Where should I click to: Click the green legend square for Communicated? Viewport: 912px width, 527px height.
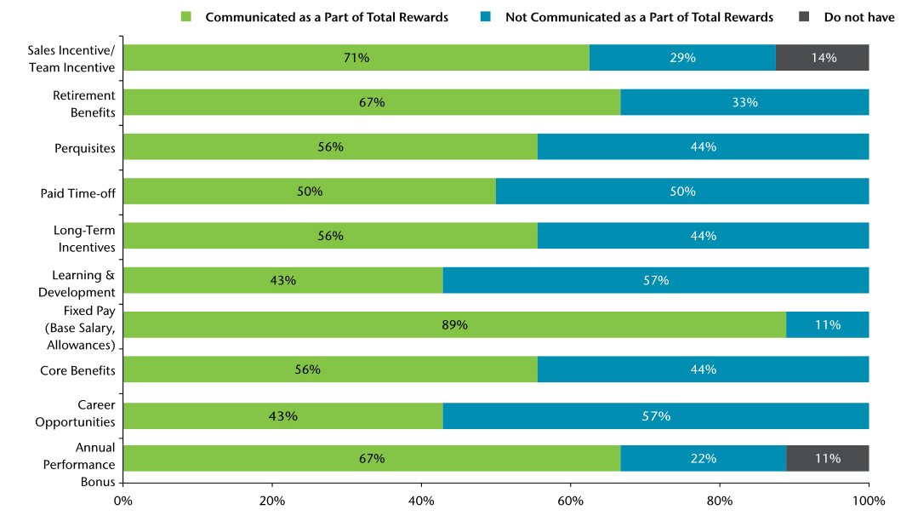tap(186, 17)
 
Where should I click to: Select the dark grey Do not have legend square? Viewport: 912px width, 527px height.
tap(805, 17)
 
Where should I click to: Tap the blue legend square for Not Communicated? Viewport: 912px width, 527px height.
tap(486, 17)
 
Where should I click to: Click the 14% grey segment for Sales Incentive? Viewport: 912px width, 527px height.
tap(823, 58)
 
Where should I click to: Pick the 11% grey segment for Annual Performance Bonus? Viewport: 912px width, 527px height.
tap(827, 458)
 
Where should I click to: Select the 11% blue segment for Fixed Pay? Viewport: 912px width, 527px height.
tap(827, 324)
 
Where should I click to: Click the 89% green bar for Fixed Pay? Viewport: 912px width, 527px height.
tap(454, 324)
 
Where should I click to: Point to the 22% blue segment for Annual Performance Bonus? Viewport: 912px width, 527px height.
tap(703, 458)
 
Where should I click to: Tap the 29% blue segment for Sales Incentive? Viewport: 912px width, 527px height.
tap(682, 58)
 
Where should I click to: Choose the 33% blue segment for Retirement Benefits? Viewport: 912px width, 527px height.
tap(744, 102)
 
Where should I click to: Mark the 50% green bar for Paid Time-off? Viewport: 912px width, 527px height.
tap(310, 192)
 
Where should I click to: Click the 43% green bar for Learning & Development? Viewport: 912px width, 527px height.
tap(283, 280)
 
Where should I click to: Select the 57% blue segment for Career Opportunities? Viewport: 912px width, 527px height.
tap(656, 416)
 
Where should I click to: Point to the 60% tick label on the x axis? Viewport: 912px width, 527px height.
tap(570, 501)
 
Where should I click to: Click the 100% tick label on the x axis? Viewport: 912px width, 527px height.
tap(869, 501)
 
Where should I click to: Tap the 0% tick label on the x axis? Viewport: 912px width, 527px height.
tap(123, 501)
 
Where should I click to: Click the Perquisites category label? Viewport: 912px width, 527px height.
tap(84, 147)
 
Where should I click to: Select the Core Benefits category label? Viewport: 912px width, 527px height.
tap(77, 370)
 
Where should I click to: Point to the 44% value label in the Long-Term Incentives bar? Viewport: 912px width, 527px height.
tap(703, 236)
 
